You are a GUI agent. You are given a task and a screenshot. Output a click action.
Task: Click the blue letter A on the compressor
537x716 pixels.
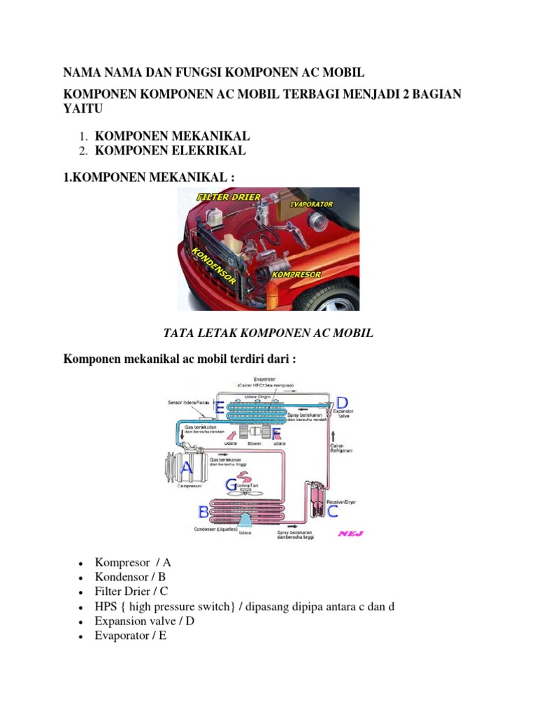[x=187, y=466]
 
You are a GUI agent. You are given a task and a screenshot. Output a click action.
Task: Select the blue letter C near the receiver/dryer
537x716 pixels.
[x=332, y=511]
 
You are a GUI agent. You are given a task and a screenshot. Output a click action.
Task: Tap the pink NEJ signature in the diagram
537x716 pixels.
[x=349, y=534]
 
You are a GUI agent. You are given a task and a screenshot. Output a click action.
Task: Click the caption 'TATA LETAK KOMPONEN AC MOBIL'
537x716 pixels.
[x=268, y=334]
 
